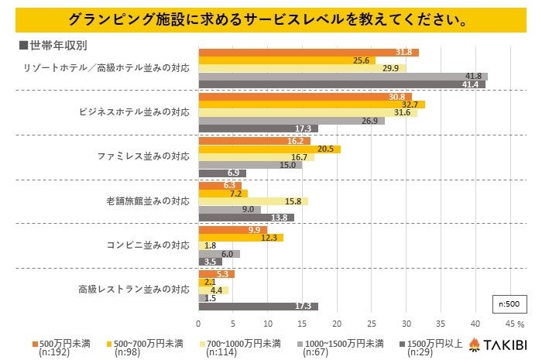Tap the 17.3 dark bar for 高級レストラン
(x=258, y=307)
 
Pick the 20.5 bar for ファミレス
(x=269, y=149)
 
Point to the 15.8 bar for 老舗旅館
(x=253, y=201)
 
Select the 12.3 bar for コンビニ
(x=241, y=238)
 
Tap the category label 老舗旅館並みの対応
(x=147, y=201)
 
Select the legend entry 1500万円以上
(x=431, y=343)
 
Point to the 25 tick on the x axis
(x=372, y=323)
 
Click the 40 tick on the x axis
(x=475, y=323)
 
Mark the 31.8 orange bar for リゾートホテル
(x=308, y=52)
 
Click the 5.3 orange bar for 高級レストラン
(x=216, y=273)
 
